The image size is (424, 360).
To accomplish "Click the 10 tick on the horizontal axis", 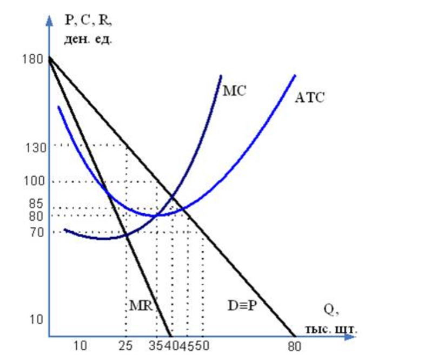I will (x=79, y=345).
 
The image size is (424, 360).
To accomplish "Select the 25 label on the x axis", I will (x=125, y=345).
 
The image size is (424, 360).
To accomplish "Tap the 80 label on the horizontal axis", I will (x=294, y=345).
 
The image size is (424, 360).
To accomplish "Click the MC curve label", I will (x=234, y=90).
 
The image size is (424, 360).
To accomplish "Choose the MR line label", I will (x=139, y=306).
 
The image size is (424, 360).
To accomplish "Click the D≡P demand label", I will (x=242, y=306).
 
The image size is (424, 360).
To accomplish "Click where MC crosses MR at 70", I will (x=126, y=233).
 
